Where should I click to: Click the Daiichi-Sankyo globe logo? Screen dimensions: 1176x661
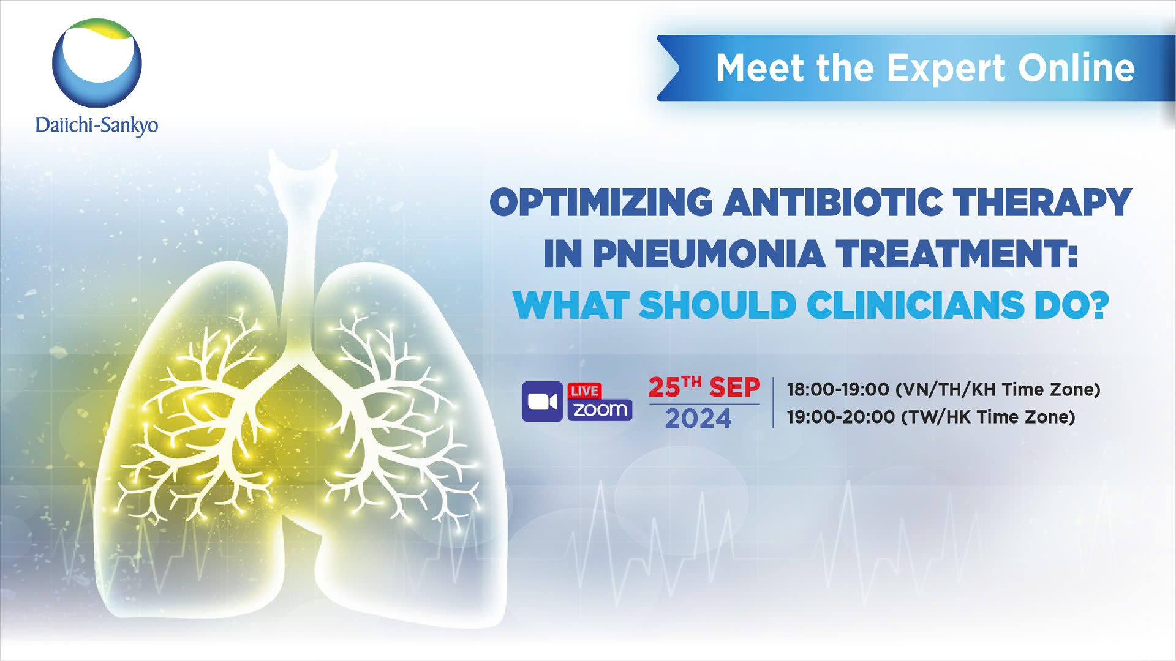(x=97, y=63)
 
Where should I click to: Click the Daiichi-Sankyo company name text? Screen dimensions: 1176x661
(x=97, y=125)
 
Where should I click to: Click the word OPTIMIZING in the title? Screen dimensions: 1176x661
(x=601, y=202)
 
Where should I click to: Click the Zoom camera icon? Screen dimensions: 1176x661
(x=542, y=401)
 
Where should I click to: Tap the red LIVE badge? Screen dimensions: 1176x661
(x=584, y=390)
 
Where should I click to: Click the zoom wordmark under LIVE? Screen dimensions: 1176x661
(x=600, y=409)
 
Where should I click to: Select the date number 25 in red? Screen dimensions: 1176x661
(x=665, y=388)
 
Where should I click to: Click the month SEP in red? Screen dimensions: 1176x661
(x=734, y=388)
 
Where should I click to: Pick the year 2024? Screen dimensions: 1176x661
(x=698, y=419)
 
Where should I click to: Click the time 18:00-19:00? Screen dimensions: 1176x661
(x=838, y=389)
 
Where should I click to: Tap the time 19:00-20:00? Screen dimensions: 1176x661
(x=840, y=417)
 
